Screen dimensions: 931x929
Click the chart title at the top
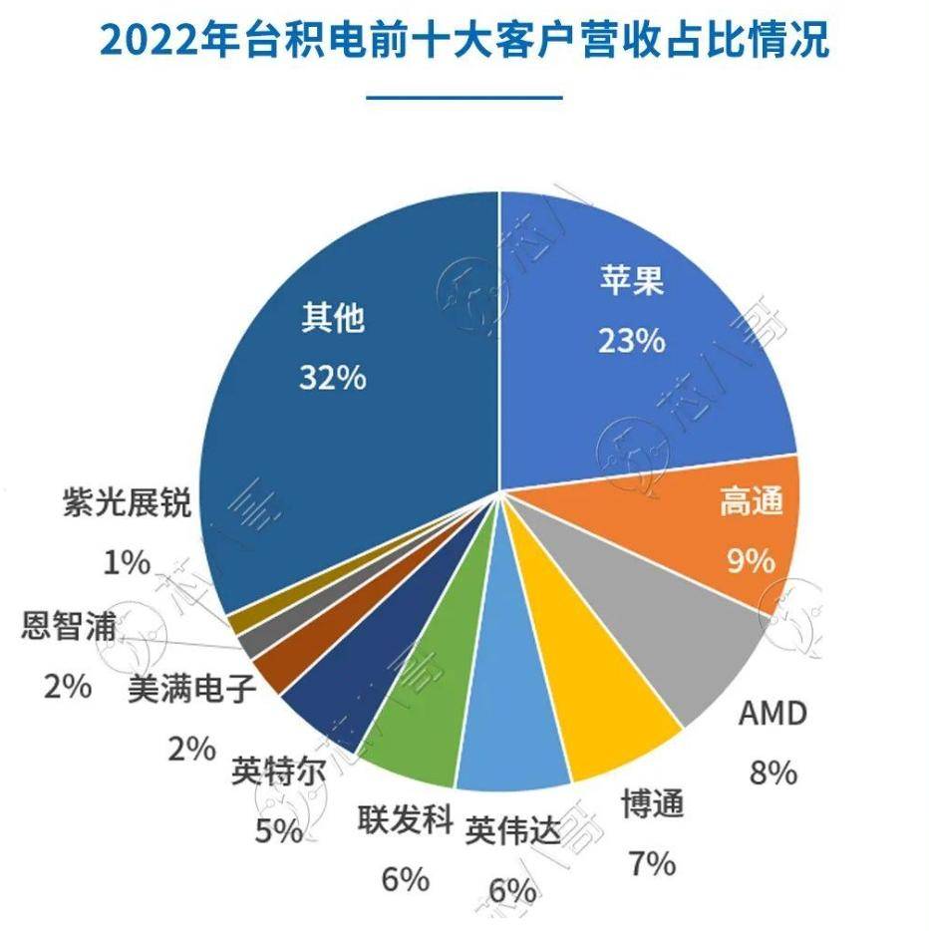click(x=464, y=43)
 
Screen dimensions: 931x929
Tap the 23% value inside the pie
click(x=631, y=341)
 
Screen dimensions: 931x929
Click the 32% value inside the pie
click(x=333, y=379)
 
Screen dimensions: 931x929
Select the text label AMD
click(x=772, y=714)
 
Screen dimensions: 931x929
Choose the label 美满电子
click(x=192, y=689)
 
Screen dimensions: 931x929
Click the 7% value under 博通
click(x=652, y=863)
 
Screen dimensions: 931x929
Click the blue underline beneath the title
click(x=464, y=98)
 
